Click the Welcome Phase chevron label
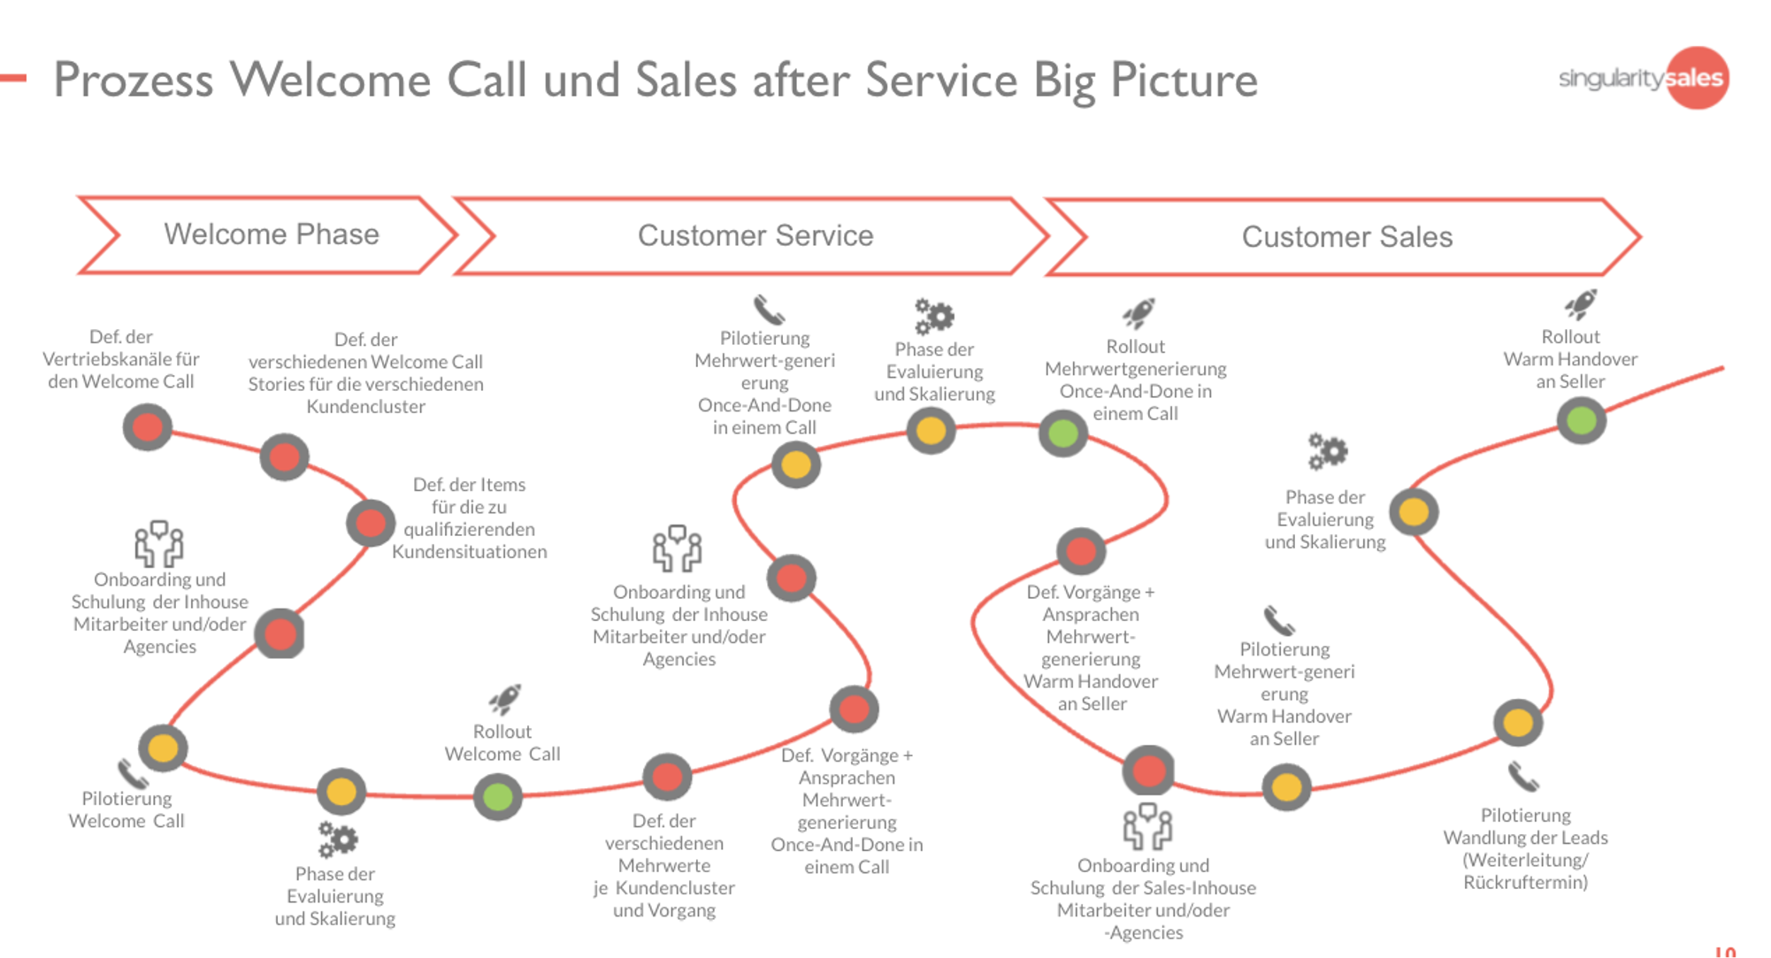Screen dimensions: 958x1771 [271, 234]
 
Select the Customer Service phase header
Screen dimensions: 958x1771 [755, 236]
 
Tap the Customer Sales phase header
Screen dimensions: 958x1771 [1346, 237]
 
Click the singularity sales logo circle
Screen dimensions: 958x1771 [1697, 78]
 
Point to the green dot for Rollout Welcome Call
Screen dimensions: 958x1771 [498, 796]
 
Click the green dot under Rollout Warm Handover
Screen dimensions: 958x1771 [1581, 421]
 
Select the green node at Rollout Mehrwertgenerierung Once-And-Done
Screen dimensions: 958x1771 [1062, 433]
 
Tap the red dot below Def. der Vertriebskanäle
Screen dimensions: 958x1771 [147, 427]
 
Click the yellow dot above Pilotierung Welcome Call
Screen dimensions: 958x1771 [163, 747]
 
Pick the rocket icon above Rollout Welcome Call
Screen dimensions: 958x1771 [505, 699]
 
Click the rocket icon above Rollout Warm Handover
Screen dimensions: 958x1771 [1580, 304]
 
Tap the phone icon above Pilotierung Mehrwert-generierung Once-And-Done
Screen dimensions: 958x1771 [768, 310]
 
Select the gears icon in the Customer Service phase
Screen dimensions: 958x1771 [934, 317]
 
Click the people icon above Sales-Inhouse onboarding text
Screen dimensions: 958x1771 [1146, 827]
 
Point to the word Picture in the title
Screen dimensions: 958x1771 [1184, 80]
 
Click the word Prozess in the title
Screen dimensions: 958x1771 [134, 80]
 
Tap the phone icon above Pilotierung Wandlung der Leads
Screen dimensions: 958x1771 [1523, 777]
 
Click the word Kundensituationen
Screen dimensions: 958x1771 [469, 552]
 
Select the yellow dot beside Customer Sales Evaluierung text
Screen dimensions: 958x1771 [1414, 512]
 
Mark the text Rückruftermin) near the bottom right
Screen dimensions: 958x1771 [1525, 882]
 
